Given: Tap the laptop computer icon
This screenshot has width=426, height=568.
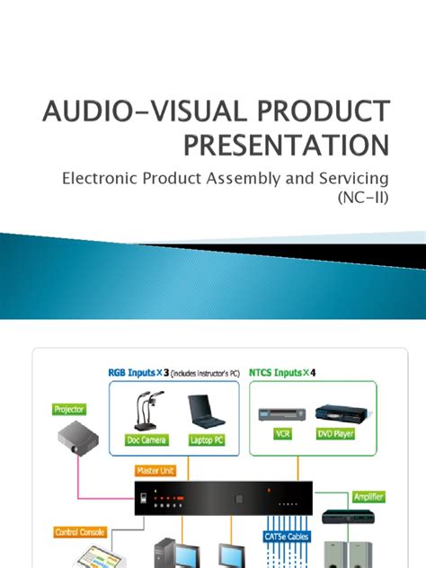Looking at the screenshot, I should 209,411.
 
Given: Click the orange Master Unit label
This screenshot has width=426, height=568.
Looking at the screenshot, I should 154,469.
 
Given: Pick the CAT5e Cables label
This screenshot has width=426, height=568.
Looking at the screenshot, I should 288,537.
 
